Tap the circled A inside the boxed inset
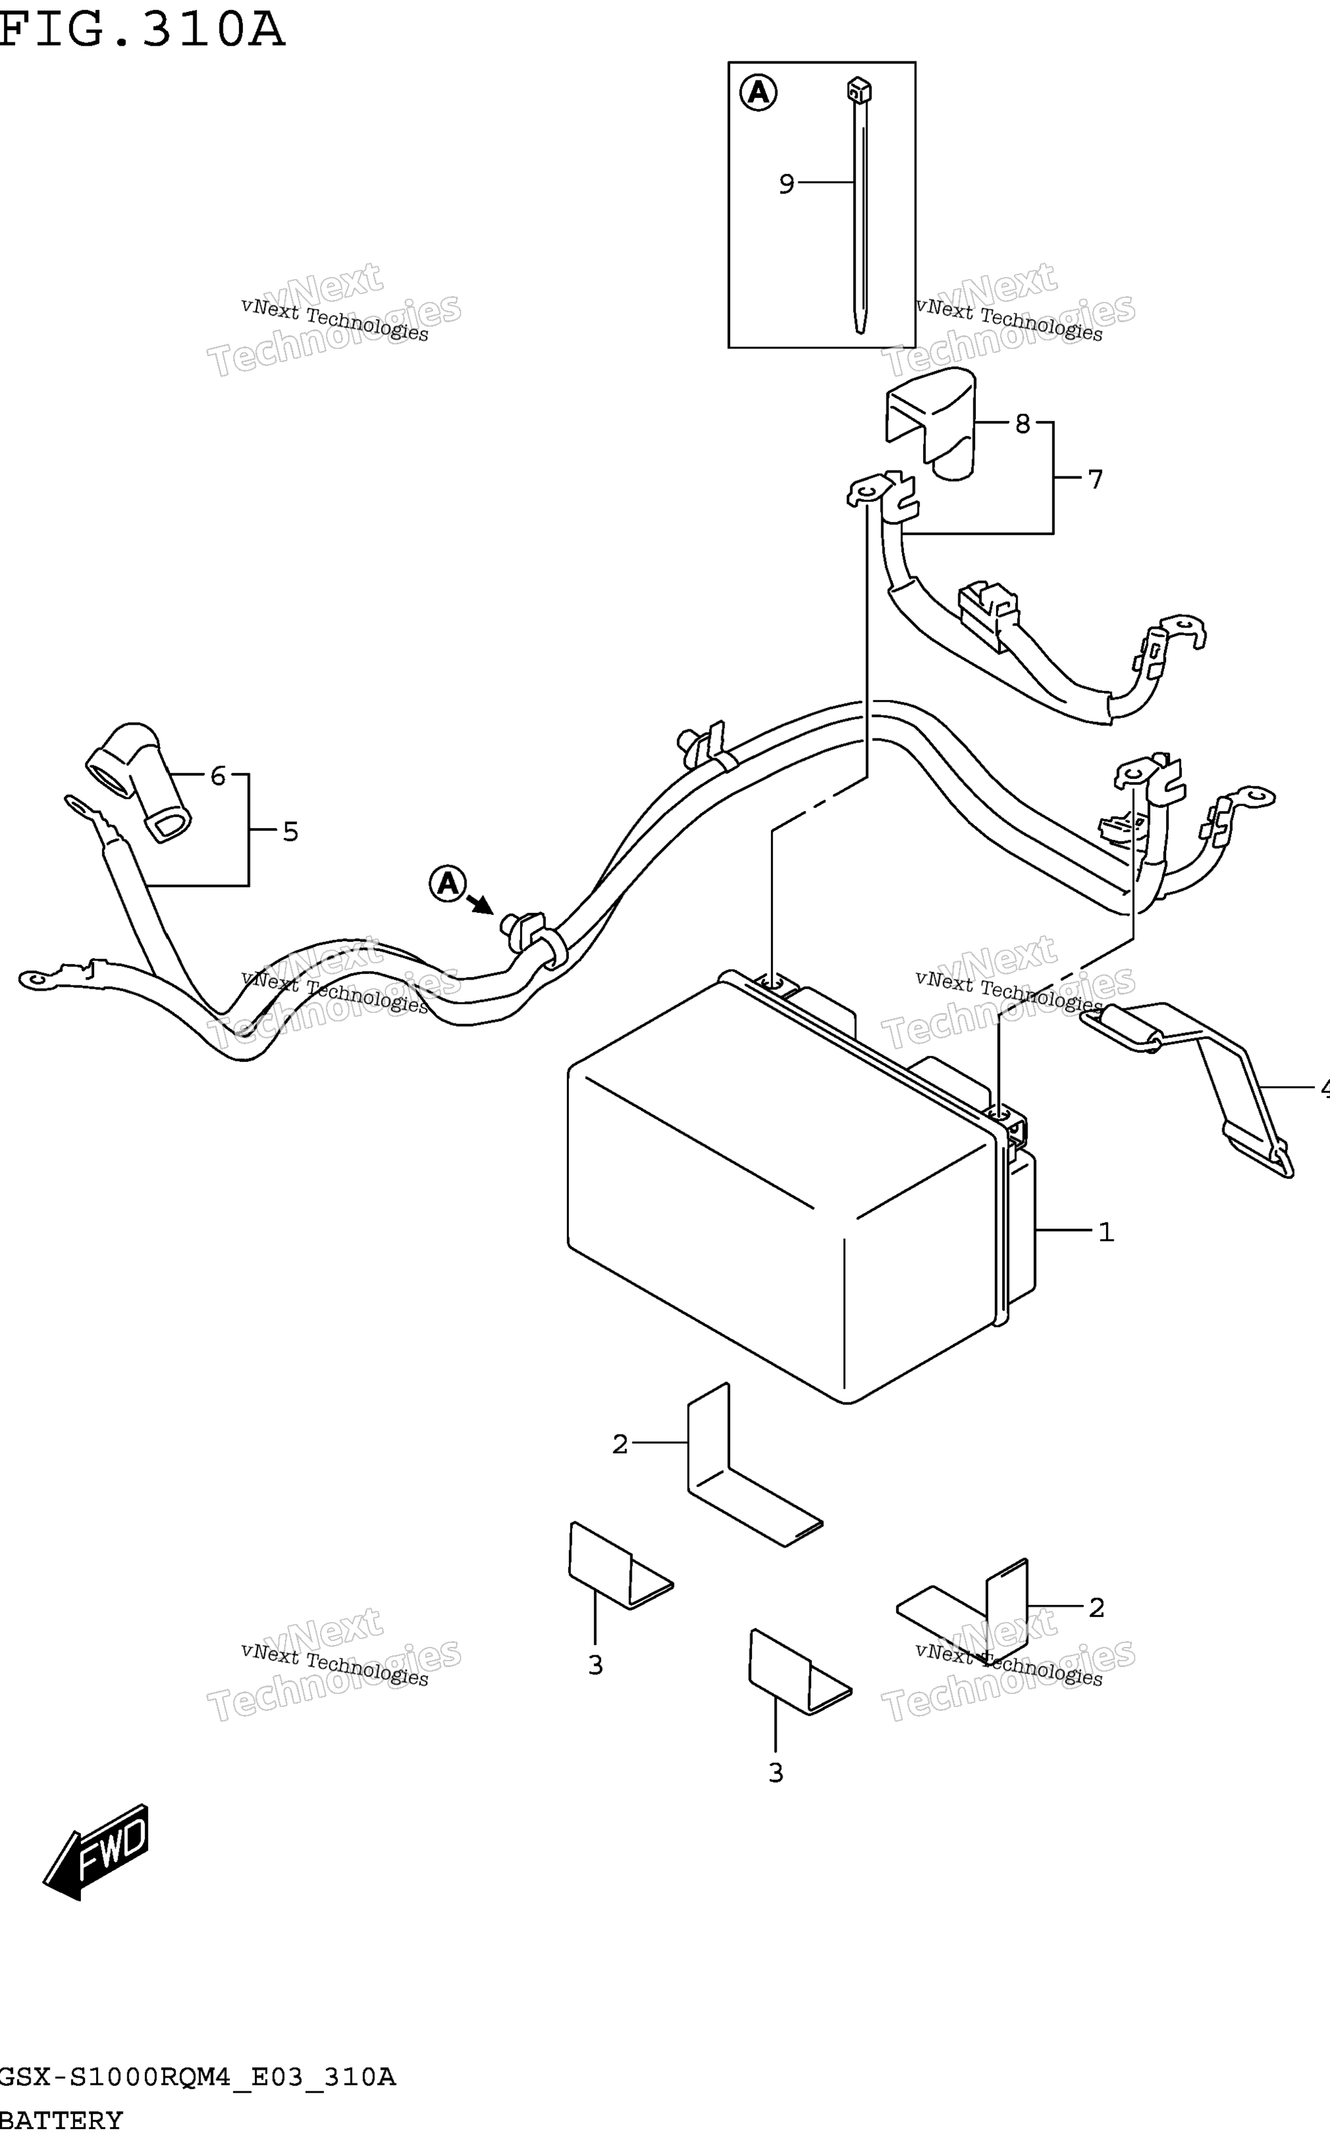pos(758,92)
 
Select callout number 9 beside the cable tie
pos(787,184)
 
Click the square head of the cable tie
pos(860,90)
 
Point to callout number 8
pos(1022,424)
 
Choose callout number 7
pos(1095,480)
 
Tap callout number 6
pos(218,776)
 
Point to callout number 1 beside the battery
pos(1107,1233)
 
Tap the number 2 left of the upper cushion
pos(620,1444)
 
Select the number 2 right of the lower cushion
pos(1096,1608)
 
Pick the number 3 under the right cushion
pos(776,1773)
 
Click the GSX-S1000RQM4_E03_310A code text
pos(198,2078)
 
